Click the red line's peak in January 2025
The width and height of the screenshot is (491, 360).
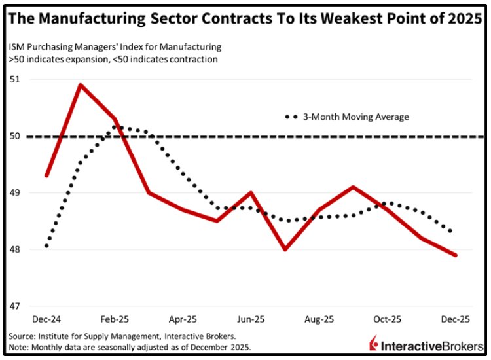click(x=80, y=85)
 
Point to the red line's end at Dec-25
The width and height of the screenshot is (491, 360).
click(x=455, y=255)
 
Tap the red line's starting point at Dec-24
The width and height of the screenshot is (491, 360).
click(x=46, y=175)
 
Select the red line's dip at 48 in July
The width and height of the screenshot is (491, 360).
click(x=285, y=249)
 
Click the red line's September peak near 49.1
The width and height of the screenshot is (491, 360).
click(x=353, y=187)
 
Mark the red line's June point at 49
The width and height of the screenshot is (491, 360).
click(x=251, y=193)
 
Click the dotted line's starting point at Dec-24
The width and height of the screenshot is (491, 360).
click(x=46, y=246)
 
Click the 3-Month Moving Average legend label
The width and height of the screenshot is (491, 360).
click(x=355, y=117)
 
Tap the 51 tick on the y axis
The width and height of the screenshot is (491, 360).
click(x=16, y=79)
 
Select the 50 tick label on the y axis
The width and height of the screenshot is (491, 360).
click(x=16, y=136)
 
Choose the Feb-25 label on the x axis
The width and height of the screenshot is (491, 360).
click(x=114, y=319)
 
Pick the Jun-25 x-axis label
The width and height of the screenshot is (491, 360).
click(x=251, y=319)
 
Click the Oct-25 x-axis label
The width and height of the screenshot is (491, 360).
click(x=387, y=319)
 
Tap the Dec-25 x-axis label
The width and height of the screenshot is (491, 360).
click(x=455, y=319)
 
